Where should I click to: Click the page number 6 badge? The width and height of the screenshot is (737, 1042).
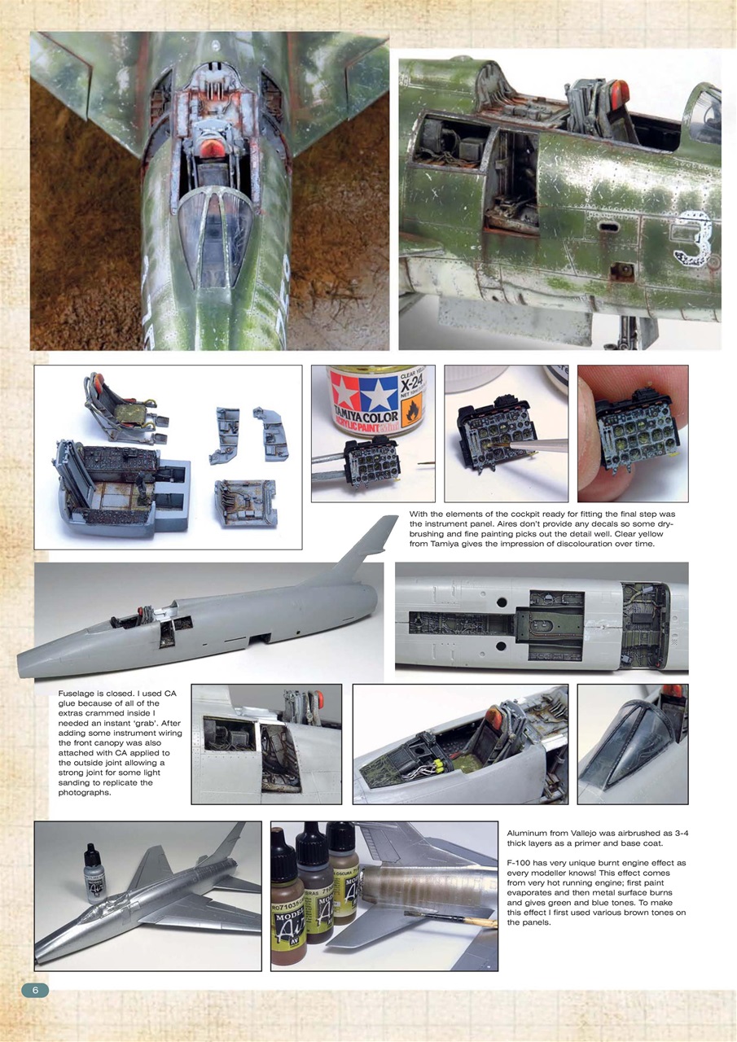coord(34,991)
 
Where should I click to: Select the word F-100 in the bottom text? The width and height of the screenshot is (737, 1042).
coord(520,862)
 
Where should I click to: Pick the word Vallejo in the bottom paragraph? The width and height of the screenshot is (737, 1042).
coord(601,834)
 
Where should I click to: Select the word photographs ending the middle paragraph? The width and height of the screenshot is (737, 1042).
coord(90,793)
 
